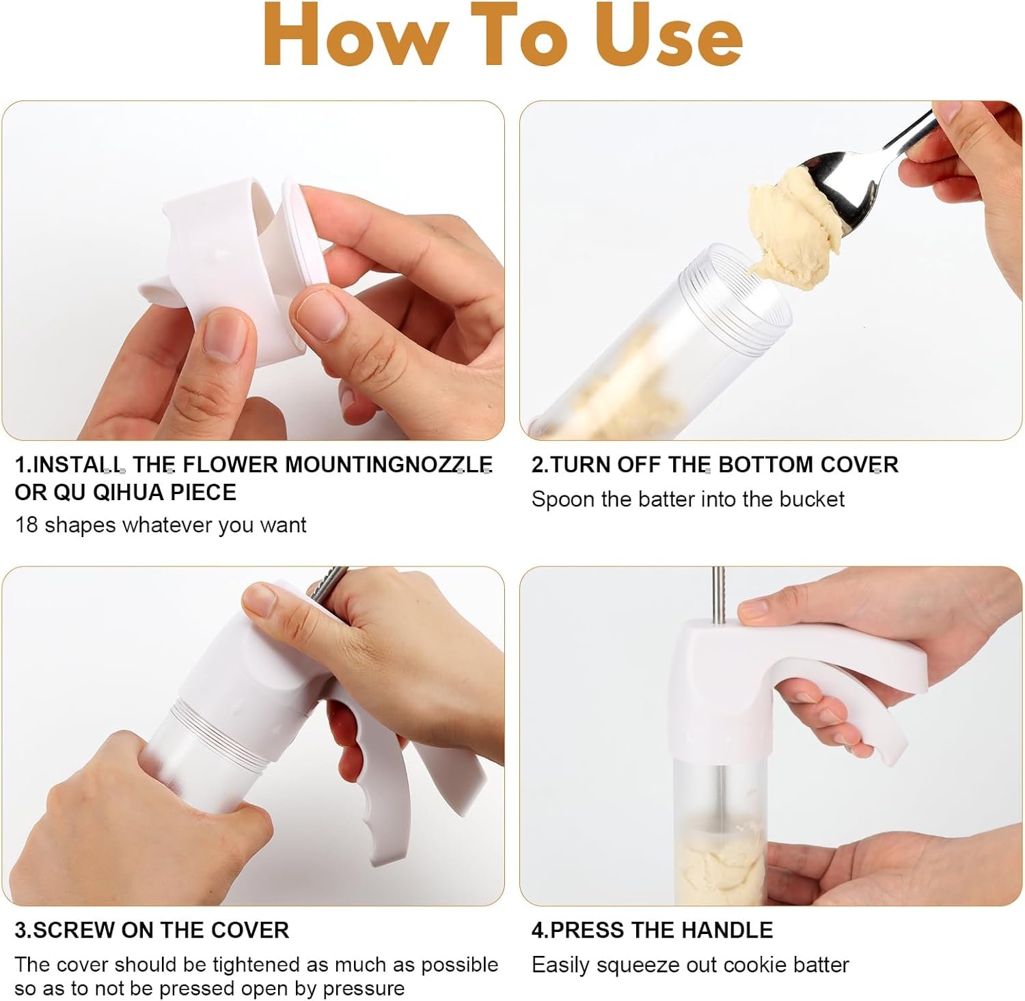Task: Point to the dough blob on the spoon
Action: (793, 229)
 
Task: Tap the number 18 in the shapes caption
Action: (26, 525)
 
